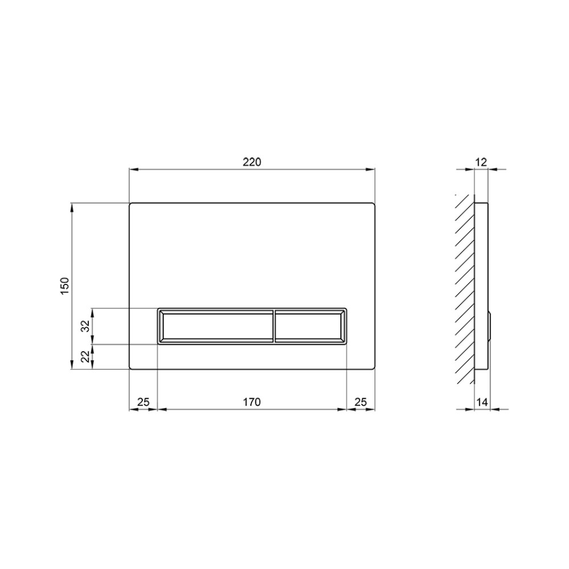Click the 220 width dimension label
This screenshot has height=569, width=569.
[252, 162]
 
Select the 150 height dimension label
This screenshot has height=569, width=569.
[65, 286]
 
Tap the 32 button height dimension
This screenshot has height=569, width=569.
[85, 326]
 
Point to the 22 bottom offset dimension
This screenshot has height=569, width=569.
[85, 357]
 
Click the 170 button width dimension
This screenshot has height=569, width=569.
[252, 402]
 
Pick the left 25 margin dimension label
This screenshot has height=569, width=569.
[143, 402]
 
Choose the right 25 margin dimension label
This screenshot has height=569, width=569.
[361, 402]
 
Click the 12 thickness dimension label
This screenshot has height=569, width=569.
[481, 162]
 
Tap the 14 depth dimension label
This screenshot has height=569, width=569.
[483, 402]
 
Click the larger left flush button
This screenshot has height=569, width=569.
[216, 325]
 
